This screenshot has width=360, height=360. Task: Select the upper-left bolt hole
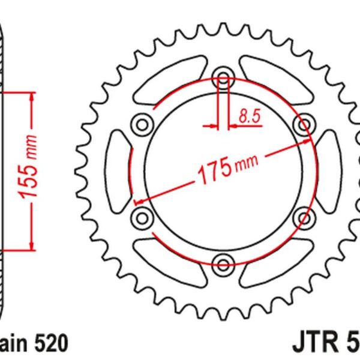[x=143, y=125]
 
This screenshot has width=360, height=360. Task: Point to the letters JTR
[x=312, y=344]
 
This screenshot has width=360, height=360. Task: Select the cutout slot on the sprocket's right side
[x=328, y=170]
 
